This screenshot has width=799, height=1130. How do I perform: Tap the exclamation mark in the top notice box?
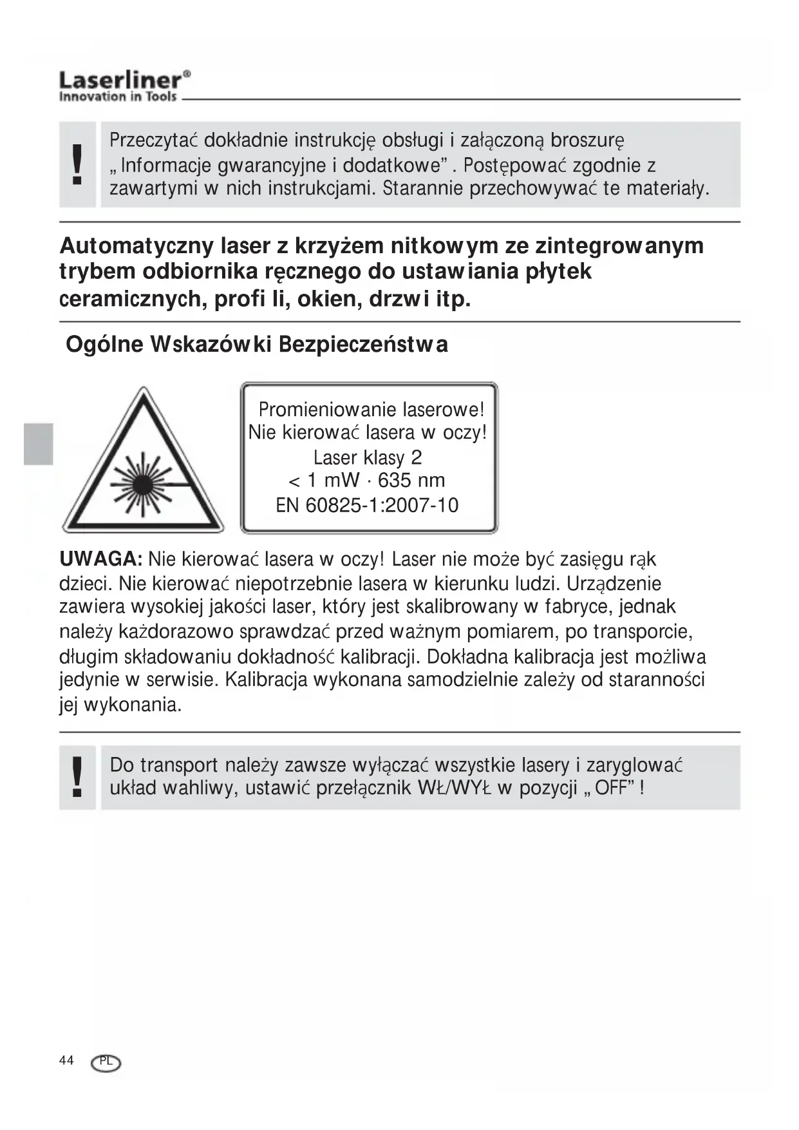(77, 164)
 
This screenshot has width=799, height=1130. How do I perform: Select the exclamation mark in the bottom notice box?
(77, 776)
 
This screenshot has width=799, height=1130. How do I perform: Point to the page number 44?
(66, 1060)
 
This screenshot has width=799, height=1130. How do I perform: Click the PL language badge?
(106, 1062)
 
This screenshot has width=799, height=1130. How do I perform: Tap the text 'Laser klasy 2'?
(368, 457)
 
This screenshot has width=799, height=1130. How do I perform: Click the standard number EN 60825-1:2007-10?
(367, 505)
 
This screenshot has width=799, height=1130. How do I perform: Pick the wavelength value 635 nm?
(411, 481)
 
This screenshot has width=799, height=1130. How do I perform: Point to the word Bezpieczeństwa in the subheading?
(363, 344)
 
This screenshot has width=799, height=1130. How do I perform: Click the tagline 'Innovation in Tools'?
(118, 97)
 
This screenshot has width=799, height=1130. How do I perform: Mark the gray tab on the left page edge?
(38, 444)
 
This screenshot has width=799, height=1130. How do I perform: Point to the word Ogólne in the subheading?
(105, 344)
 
